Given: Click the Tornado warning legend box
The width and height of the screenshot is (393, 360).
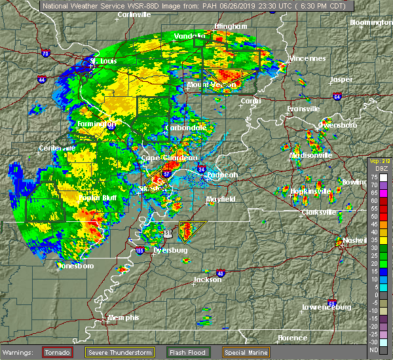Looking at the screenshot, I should point(57,352).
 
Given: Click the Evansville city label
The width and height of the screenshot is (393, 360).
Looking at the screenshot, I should point(305,109).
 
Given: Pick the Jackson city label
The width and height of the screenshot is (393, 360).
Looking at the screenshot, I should point(207,279).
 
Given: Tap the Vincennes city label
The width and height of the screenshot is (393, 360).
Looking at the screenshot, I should point(307,58).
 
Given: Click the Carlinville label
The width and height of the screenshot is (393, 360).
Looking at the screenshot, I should point(136,14).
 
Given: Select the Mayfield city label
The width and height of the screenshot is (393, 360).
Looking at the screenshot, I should point(223,198).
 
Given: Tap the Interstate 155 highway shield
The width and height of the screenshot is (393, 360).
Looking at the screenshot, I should point(140,250).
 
